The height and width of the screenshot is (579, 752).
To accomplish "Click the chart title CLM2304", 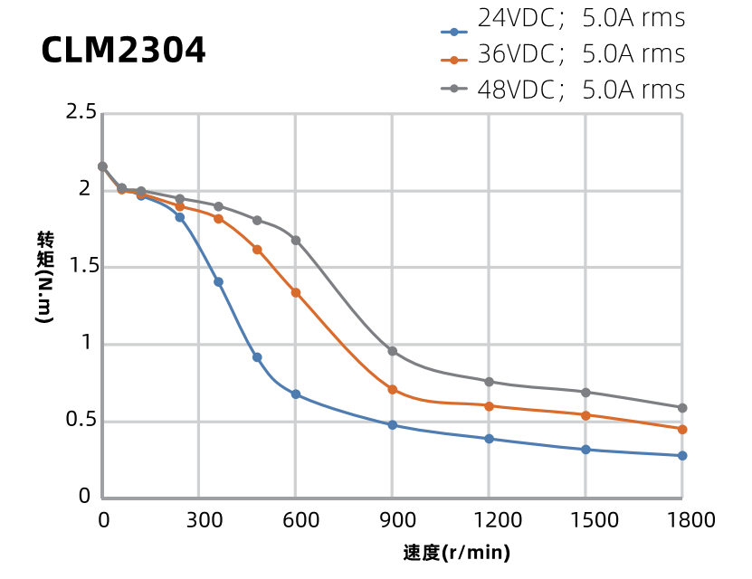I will [x=123, y=51].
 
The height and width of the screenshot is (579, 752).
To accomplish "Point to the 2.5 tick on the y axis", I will [x=81, y=113].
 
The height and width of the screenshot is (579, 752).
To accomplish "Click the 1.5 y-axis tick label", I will [x=81, y=267].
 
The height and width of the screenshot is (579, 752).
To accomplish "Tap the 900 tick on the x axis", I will [x=393, y=520].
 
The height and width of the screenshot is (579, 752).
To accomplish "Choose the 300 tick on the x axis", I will [x=199, y=520].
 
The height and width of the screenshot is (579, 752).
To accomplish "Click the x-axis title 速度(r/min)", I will [x=457, y=552].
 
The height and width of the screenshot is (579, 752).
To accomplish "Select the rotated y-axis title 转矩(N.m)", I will [x=45, y=279].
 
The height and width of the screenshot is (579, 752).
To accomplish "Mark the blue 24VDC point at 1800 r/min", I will [x=682, y=456].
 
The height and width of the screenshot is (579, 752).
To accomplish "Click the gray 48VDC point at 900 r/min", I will [x=393, y=351].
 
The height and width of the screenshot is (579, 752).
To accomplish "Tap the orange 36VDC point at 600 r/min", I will [x=296, y=292].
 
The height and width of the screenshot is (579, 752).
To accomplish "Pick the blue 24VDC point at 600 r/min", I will [x=296, y=394].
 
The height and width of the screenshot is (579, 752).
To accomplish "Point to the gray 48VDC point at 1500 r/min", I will [x=585, y=393].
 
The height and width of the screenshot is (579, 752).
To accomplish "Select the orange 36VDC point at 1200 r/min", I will [x=489, y=406].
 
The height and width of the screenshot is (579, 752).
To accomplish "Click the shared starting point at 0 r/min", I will [x=102, y=166].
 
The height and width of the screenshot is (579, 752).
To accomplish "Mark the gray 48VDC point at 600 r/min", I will [x=296, y=241].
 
